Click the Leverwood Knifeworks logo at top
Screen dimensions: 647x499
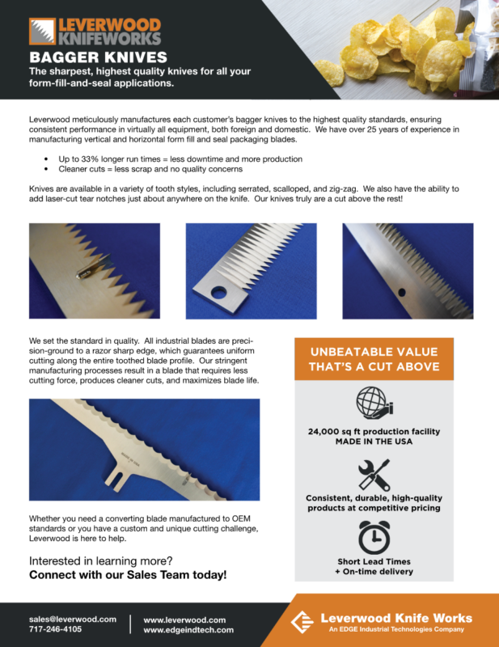click(95, 31)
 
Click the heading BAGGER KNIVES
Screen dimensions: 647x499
click(99, 57)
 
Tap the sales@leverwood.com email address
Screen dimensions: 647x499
click(73, 619)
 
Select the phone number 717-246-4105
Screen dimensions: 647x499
click(56, 629)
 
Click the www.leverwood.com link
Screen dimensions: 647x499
click(184, 619)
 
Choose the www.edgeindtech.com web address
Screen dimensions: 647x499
click(188, 630)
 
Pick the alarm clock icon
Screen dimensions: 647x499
click(374, 535)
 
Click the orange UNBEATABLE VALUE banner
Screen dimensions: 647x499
click(374, 358)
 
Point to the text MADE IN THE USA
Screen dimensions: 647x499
click(374, 442)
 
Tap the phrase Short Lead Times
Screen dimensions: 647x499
click(374, 561)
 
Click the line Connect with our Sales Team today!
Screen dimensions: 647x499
click(128, 575)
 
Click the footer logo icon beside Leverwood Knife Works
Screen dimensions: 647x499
click(301, 623)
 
